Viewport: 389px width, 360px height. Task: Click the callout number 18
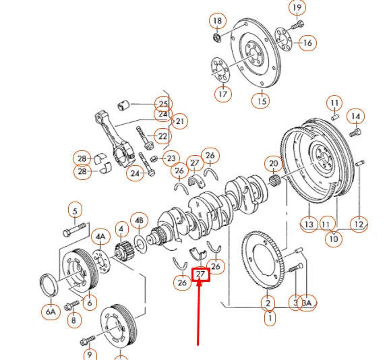[217, 21]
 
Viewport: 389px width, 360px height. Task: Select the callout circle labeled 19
[297, 7]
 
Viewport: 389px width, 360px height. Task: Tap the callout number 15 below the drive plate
[261, 100]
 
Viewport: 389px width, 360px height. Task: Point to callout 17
[223, 94]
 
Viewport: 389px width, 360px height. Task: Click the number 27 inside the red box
[202, 274]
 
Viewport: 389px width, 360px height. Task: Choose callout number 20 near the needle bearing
[273, 163]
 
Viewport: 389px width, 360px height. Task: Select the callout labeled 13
[309, 224]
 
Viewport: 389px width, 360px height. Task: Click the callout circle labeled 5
[74, 209]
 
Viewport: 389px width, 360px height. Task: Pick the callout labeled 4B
[140, 220]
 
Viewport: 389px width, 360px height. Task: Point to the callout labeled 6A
[50, 311]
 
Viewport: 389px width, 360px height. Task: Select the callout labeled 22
[162, 136]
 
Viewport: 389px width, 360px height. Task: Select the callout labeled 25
[162, 103]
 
